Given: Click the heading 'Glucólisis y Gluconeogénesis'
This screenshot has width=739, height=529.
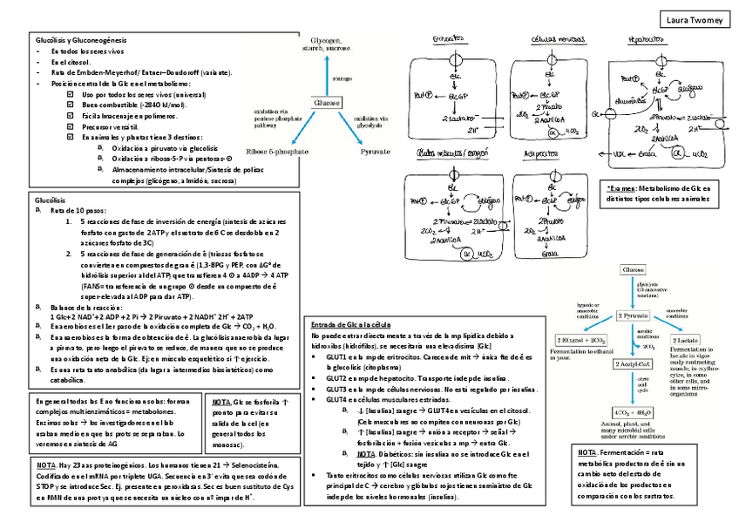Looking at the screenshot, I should pyautogui.click(x=80, y=41).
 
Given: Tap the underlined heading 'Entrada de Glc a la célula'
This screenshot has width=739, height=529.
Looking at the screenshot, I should pyautogui.click(x=350, y=325).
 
